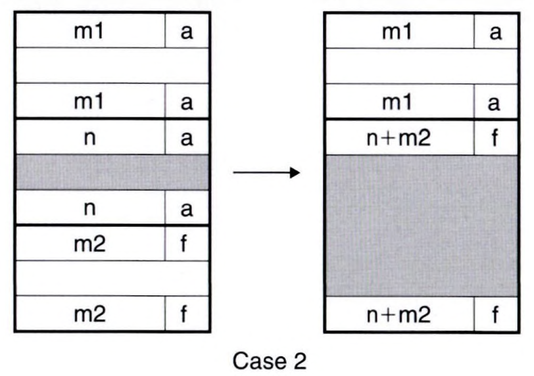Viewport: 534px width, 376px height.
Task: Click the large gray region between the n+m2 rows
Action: (x=422, y=225)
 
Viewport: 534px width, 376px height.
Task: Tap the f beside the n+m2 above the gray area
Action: (x=495, y=137)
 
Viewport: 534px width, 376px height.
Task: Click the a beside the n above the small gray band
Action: (x=186, y=137)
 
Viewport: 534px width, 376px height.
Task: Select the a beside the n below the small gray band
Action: (x=186, y=208)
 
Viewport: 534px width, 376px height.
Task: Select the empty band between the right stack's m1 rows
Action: (x=422, y=66)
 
